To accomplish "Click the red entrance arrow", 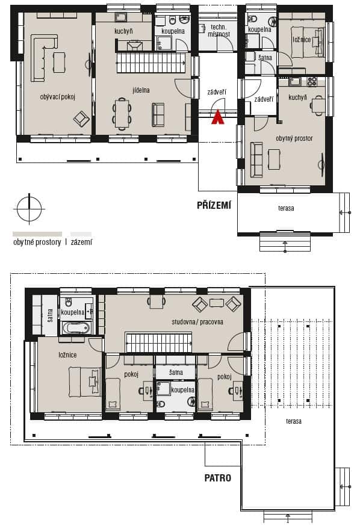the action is click(x=217, y=117).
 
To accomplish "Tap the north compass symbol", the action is click(x=29, y=209).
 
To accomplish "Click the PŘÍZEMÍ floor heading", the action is click(x=214, y=205).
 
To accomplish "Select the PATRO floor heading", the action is click(x=217, y=478).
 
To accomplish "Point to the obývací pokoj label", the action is click(x=57, y=97).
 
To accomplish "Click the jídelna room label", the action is click(x=141, y=90).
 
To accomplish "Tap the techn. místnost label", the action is click(x=219, y=30).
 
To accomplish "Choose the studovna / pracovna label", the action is click(x=197, y=322).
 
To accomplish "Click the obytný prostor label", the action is click(x=294, y=138).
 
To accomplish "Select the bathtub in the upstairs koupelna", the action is click(x=76, y=327).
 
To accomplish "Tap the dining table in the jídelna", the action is click(x=122, y=113).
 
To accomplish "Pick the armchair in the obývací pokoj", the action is click(x=81, y=119).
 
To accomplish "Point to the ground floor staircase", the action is click(x=151, y=63).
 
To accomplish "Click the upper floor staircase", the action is click(x=158, y=342).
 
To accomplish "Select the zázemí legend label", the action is click(x=81, y=242).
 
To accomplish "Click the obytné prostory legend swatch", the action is click(x=37, y=234).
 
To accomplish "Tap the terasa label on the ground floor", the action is click(x=286, y=208).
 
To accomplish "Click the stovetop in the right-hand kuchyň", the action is click(x=312, y=81).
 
